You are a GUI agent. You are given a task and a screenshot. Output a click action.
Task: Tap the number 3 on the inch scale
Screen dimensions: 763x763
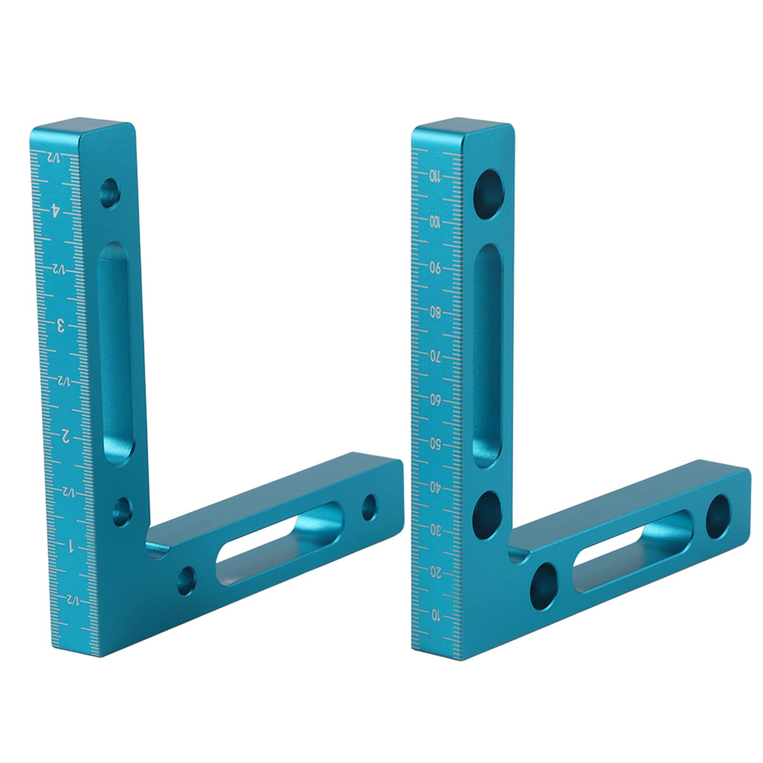click(61, 326)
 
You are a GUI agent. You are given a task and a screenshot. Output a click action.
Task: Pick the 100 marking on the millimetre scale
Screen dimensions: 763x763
click(434, 222)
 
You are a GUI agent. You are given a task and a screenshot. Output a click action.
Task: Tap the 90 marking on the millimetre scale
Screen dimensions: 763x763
click(436, 268)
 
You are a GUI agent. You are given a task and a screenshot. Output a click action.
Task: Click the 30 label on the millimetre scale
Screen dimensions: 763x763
click(435, 529)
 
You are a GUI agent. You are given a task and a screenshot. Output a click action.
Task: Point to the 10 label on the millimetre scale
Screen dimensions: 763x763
click(435, 615)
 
